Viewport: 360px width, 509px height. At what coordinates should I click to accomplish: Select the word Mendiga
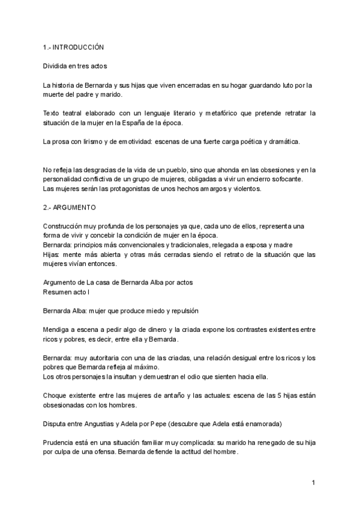click(58, 330)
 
